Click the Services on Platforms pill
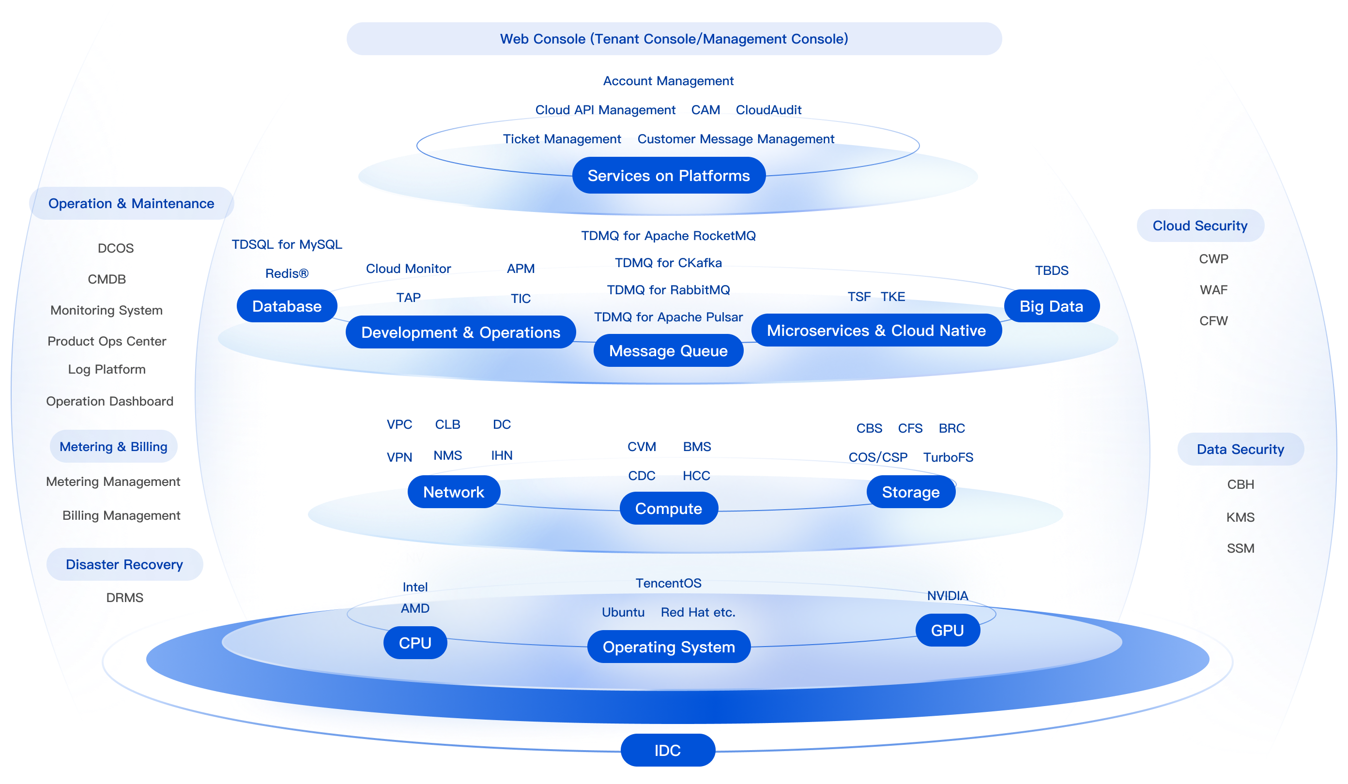tap(669, 175)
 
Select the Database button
tap(287, 306)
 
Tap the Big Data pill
tap(1051, 306)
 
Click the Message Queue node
tap(668, 351)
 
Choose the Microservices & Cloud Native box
tap(876, 331)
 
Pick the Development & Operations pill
tap(460, 332)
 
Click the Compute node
tap(668, 509)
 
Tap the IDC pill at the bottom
tap(668, 750)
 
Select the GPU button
tap(948, 631)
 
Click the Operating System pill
tap(669, 647)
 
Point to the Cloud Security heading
tap(1200, 226)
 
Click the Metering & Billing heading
tap(113, 447)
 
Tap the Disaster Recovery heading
tap(124, 564)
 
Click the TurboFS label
tap(948, 457)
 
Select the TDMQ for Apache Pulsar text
tap(668, 317)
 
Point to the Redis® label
tap(287, 274)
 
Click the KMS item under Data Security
tap(1240, 517)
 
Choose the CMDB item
tap(107, 279)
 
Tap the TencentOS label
tap(668, 583)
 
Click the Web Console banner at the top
tap(674, 39)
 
